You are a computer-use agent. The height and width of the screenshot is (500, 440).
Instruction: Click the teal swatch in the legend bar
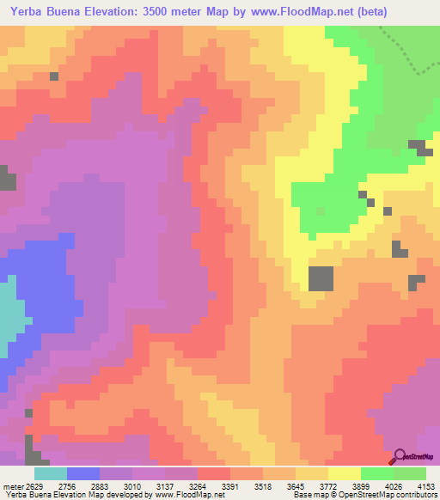pyautogui.click(x=50, y=473)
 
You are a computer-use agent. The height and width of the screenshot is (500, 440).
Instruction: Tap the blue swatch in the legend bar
pyautogui.click(x=82, y=473)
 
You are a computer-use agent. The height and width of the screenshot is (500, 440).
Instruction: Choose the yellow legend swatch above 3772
pyautogui.click(x=345, y=473)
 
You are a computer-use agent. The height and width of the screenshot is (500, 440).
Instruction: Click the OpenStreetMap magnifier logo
pyautogui.click(x=401, y=457)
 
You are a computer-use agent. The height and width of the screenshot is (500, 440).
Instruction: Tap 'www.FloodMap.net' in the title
pyautogui.click(x=287, y=12)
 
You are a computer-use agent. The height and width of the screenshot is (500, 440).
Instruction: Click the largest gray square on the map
pyautogui.click(x=321, y=278)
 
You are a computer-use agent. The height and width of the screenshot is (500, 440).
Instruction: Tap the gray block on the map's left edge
pyautogui.click(x=8, y=180)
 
